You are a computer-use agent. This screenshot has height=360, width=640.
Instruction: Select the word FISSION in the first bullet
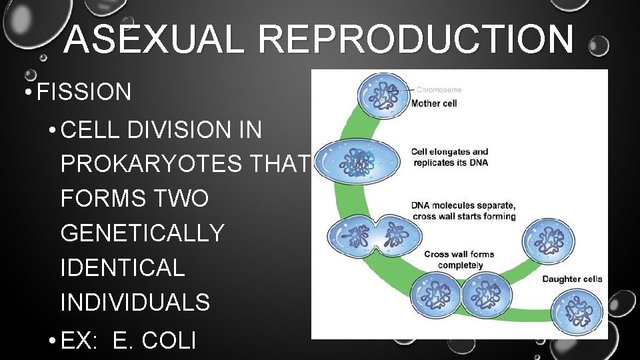pos(84,92)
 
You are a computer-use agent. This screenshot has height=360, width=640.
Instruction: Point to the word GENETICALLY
pos(143,233)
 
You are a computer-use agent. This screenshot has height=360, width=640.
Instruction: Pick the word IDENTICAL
pos(123,267)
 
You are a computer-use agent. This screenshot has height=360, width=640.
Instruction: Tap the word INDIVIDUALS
pos(135,302)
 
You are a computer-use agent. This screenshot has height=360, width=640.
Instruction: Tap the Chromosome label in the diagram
pos(439,89)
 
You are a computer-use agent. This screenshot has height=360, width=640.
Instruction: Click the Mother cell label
pos(434,103)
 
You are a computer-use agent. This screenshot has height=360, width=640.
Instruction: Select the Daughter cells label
pos(572,279)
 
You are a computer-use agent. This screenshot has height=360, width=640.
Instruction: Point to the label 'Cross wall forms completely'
pos(459,259)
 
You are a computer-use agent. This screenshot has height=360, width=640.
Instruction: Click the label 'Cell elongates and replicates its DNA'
pos(449,157)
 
